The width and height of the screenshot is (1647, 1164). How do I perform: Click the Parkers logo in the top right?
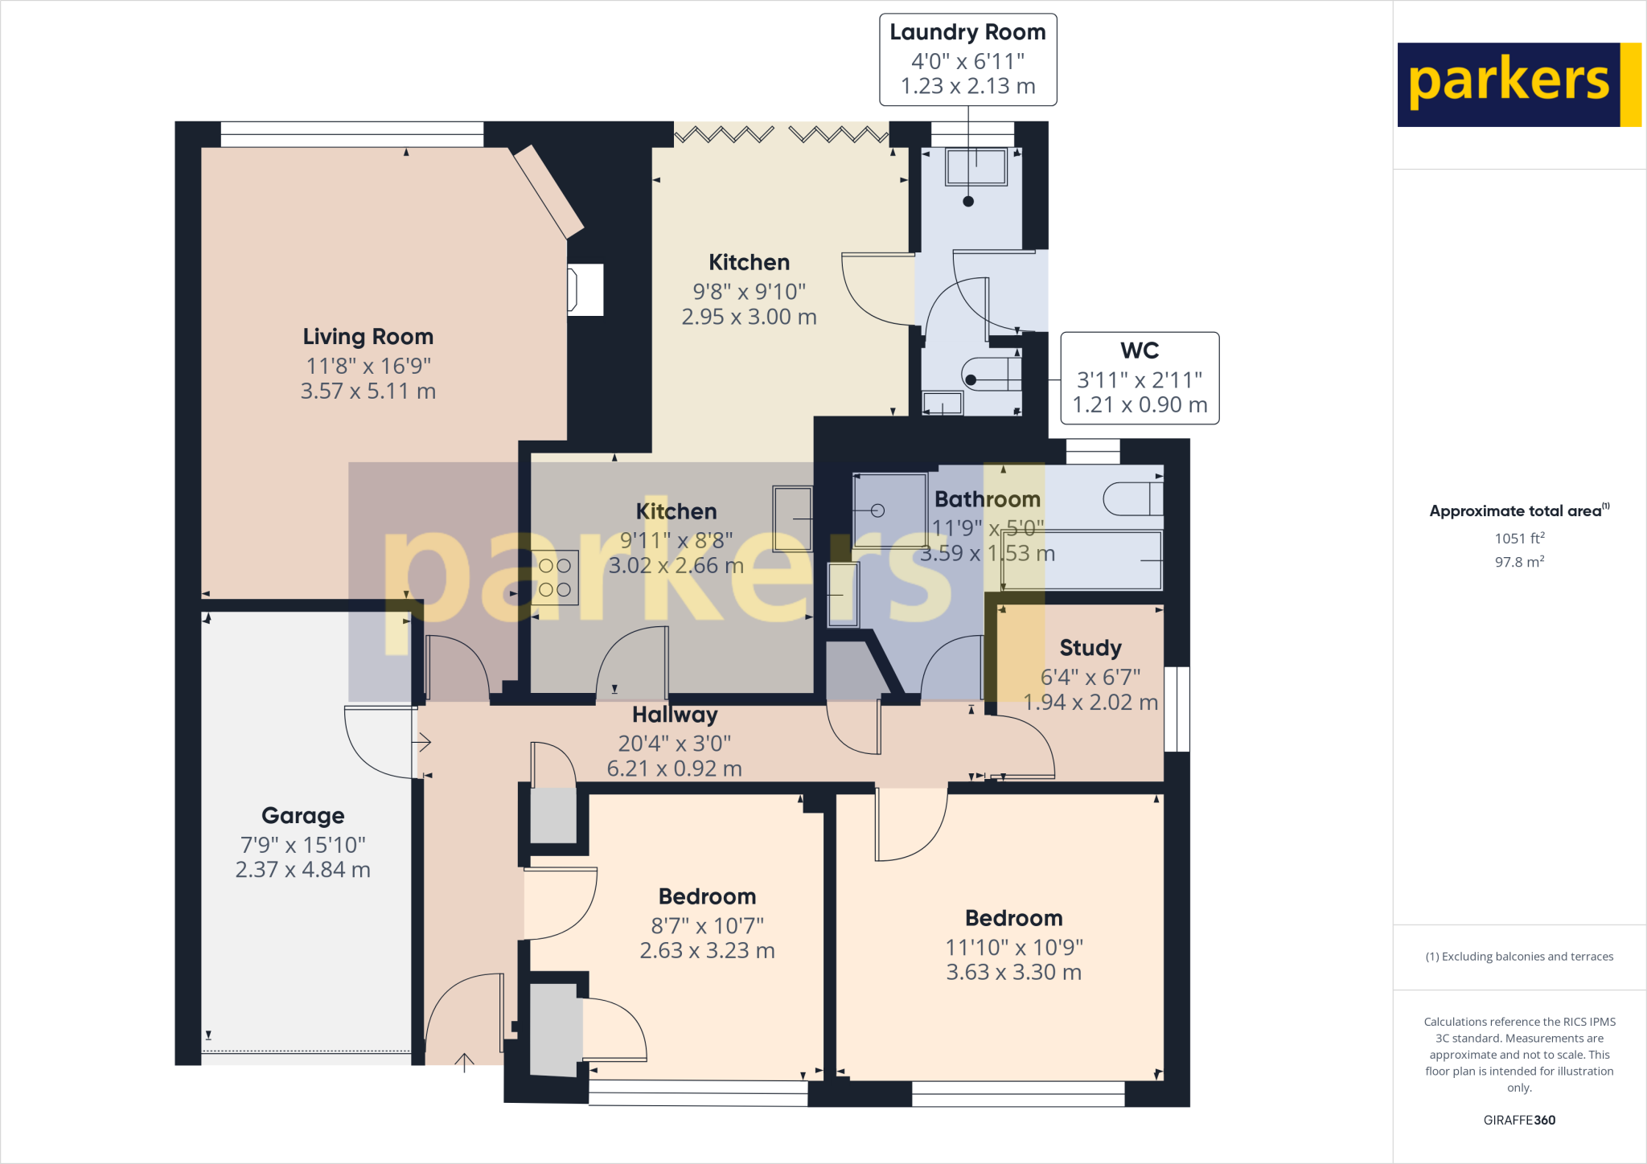tap(1518, 84)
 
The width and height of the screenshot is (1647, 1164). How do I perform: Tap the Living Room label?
tap(368, 337)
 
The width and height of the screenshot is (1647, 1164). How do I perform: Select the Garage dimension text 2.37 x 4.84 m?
tap(302, 870)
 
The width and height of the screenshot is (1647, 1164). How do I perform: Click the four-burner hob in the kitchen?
tap(555, 577)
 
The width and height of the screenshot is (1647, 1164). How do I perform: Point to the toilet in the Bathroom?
tap(1132, 498)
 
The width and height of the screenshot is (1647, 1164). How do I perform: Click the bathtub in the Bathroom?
tap(1082, 560)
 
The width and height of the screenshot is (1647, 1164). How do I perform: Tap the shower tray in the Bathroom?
tap(889, 510)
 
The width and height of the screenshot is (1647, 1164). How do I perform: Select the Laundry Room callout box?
tap(967, 59)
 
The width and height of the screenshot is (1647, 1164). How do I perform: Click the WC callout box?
tap(1140, 378)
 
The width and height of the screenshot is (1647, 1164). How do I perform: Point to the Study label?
tap(1090, 648)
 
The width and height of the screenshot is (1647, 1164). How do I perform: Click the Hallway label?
tap(675, 715)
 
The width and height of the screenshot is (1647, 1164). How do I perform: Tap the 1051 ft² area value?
tap(1519, 539)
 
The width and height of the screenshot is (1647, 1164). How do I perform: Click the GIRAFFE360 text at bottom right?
tap(1519, 1120)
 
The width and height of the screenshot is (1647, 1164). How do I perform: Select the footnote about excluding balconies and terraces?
tap(1519, 957)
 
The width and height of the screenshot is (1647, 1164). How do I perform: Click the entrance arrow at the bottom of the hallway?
tap(464, 1062)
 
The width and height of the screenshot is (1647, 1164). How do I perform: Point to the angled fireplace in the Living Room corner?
tap(548, 191)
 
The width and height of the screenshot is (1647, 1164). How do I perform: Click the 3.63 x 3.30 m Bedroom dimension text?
tap(1013, 973)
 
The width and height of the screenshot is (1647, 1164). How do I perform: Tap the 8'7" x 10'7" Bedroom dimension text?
tap(707, 926)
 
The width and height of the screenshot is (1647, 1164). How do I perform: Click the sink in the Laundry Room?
tap(976, 167)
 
